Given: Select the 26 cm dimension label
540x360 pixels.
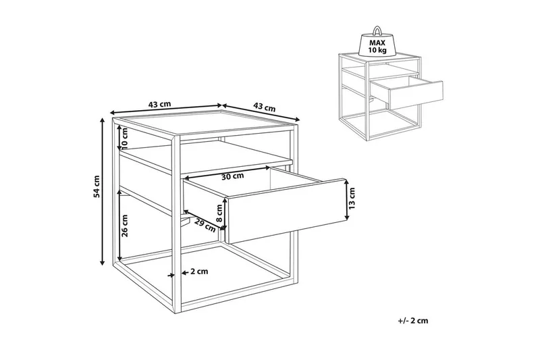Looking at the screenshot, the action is pyautogui.click(x=125, y=226).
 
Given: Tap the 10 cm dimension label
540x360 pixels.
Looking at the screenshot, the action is pyautogui.click(x=124, y=136).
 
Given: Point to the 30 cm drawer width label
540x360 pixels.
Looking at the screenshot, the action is pyautogui.click(x=232, y=176).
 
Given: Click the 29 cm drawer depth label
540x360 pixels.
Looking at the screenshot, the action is pyautogui.click(x=205, y=225).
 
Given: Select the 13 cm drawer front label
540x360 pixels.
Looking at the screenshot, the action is pyautogui.click(x=352, y=199).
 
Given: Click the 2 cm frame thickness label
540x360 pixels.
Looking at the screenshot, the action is pyautogui.click(x=199, y=272).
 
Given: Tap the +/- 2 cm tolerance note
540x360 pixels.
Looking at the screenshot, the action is pyautogui.click(x=413, y=321).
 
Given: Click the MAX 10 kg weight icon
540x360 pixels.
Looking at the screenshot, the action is pyautogui.click(x=377, y=41).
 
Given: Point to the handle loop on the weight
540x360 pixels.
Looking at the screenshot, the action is pyautogui.click(x=378, y=30).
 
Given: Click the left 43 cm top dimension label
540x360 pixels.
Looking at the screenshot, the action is pyautogui.click(x=159, y=104).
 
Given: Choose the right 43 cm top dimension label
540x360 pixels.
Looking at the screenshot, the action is pyautogui.click(x=265, y=107).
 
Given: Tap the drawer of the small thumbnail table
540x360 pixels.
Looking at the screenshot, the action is pyautogui.click(x=406, y=90).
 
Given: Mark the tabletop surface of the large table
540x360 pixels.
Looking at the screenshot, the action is pyautogui.click(x=205, y=124).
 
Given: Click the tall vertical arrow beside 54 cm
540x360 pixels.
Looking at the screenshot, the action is pyautogui.click(x=103, y=191).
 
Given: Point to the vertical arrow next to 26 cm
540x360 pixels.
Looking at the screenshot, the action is pyautogui.click(x=119, y=224).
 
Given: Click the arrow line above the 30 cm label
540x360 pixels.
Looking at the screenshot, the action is pyautogui.click(x=227, y=173).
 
